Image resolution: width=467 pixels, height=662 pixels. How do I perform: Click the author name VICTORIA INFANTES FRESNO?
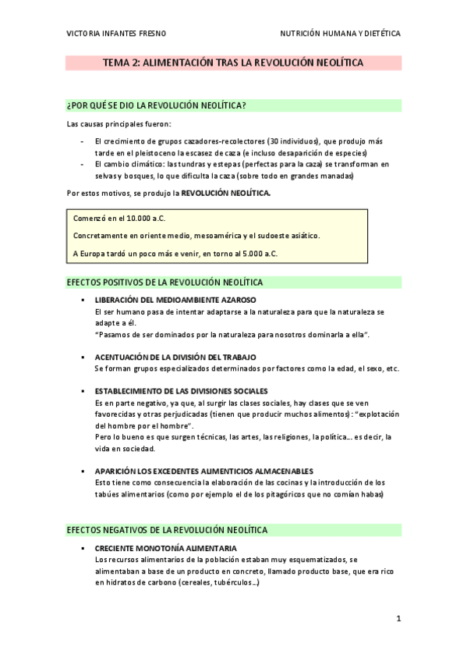[x=116, y=34]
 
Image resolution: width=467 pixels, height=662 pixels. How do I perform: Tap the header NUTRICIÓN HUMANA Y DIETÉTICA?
[x=340, y=34]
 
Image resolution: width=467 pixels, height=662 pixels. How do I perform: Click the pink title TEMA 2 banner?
[x=233, y=62]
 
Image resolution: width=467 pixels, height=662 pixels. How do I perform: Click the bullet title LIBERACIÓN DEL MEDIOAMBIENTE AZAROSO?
[x=175, y=300]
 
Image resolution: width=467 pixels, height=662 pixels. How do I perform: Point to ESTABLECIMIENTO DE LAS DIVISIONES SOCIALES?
[x=181, y=390]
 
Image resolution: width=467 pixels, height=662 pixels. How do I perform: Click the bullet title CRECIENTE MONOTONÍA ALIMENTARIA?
[x=165, y=548]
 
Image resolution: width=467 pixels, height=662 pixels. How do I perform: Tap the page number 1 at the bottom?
[x=398, y=620]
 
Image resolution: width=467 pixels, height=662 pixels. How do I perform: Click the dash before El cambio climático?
[x=83, y=165]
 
